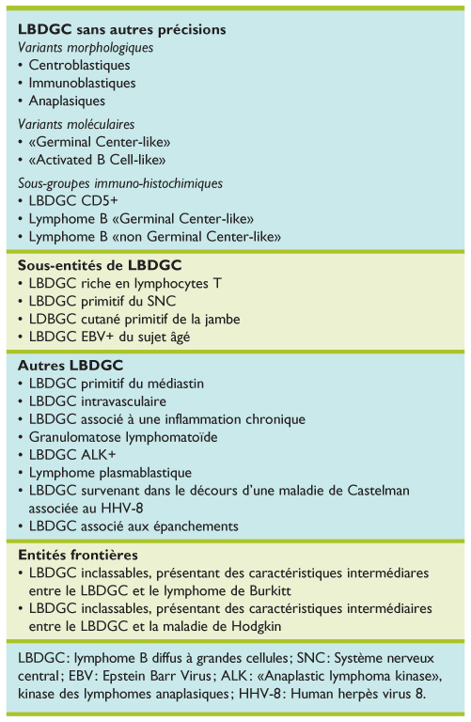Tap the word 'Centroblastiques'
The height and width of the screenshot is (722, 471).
80,66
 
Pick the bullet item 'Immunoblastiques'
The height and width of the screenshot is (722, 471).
83,83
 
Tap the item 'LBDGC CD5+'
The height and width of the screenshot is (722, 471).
70,201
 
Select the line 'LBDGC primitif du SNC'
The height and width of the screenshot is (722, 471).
103,300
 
